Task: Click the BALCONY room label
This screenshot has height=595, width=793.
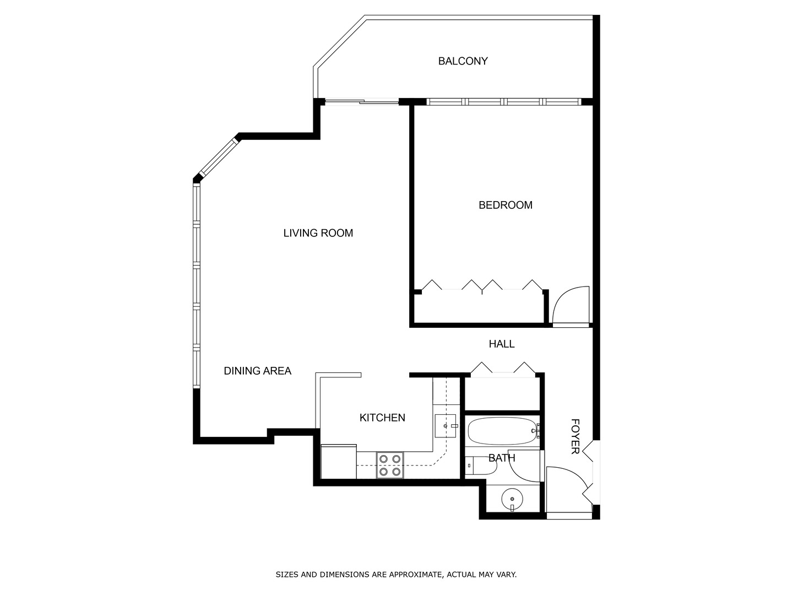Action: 463,61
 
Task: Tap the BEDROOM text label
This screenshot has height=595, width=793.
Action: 505,205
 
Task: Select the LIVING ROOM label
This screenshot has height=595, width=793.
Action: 318,233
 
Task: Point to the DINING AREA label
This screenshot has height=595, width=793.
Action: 257,371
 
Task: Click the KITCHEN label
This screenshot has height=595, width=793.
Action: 382,418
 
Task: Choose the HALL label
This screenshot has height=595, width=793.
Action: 501,344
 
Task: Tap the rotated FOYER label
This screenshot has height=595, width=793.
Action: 575,436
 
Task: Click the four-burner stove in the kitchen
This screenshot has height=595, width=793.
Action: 390,465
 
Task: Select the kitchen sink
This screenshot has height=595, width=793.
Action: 446,426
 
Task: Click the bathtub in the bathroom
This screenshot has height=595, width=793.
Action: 502,431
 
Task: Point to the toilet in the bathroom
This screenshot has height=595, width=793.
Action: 481,466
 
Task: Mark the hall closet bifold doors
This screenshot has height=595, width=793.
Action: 503,369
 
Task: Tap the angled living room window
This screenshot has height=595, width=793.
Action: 219,158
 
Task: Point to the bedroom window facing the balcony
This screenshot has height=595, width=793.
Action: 503,102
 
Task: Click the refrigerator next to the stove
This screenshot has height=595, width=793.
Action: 338,462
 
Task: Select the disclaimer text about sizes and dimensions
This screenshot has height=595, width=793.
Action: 396,575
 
